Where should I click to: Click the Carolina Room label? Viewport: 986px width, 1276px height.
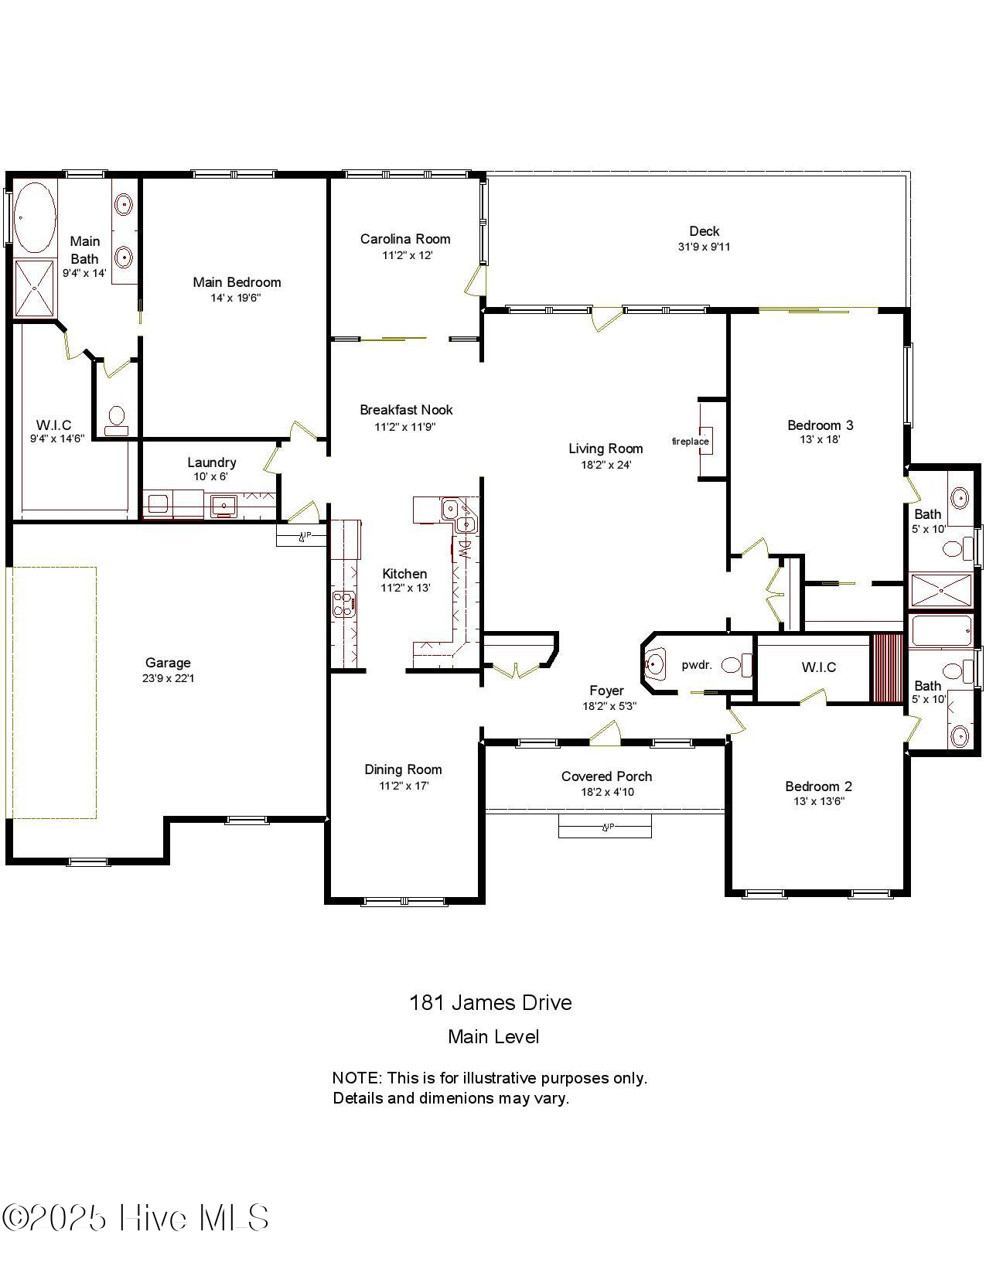pyautogui.click(x=405, y=239)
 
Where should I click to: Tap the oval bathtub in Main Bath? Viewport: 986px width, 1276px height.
pyautogui.click(x=35, y=218)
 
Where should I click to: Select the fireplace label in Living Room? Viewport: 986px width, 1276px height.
pyautogui.click(x=690, y=442)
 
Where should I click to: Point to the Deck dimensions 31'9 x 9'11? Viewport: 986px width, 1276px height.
pyautogui.click(x=704, y=247)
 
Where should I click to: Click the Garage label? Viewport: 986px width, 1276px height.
pyautogui.click(x=168, y=663)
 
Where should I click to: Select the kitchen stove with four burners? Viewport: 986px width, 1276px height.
pyautogui.click(x=343, y=604)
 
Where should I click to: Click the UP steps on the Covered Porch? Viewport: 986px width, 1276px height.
pyautogui.click(x=606, y=827)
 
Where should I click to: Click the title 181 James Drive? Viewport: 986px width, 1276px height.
pyautogui.click(x=490, y=1003)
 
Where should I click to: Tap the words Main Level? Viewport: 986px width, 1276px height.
pyautogui.click(x=493, y=1037)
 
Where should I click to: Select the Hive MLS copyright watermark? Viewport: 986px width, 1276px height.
pyautogui.click(x=135, y=1218)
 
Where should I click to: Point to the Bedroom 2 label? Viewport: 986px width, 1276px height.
pyautogui.click(x=818, y=786)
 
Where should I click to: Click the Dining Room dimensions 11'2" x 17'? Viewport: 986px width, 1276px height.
pyautogui.click(x=404, y=786)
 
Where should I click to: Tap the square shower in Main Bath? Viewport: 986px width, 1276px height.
pyautogui.click(x=36, y=289)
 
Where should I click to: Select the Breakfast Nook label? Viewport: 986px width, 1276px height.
pyautogui.click(x=406, y=410)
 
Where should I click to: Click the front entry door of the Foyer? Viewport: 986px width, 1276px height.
pyautogui.click(x=606, y=735)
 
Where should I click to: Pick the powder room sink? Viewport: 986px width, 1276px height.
pyautogui.click(x=655, y=664)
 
